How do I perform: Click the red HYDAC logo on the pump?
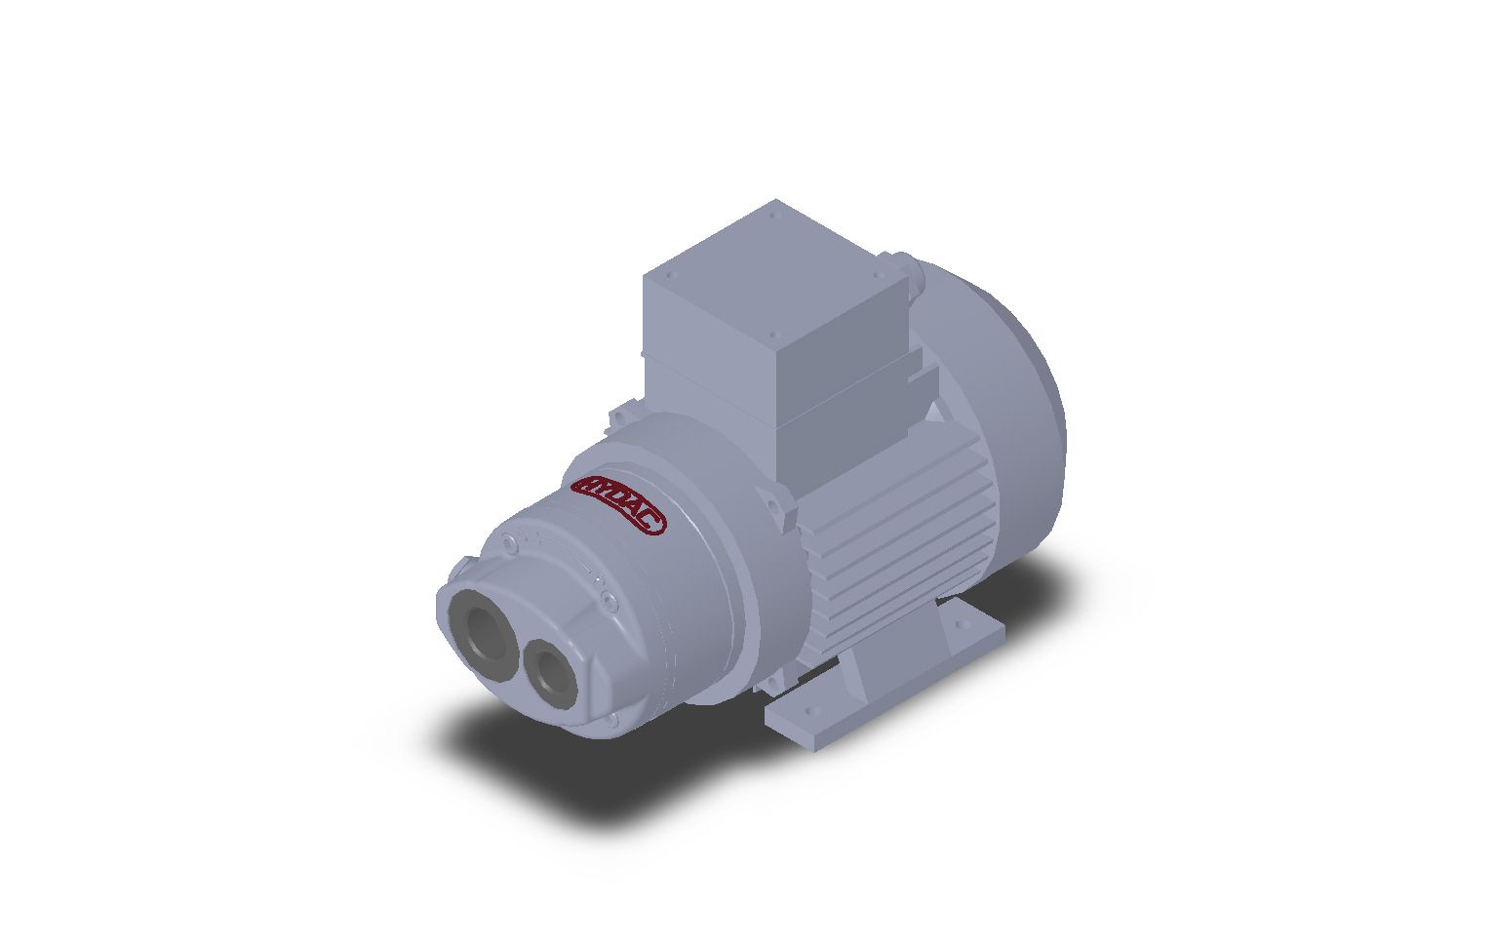pos(618,504)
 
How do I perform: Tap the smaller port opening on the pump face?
pos(549,670)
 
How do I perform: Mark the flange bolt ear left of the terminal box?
pos(617,417)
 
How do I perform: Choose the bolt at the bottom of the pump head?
pos(611,720)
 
